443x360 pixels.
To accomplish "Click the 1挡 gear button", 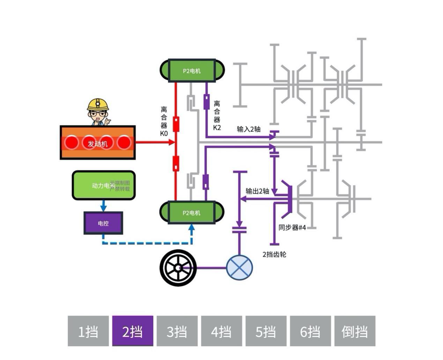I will click(88, 331).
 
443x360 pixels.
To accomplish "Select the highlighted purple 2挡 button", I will click(133, 331).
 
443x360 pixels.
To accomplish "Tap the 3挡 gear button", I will click(177, 331).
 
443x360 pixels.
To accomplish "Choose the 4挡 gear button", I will click(221, 331).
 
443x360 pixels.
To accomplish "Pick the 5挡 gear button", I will click(266, 331).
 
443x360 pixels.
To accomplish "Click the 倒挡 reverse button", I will click(355, 331).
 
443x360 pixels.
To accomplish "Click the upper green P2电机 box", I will click(192, 71).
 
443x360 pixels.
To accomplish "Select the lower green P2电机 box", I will click(192, 212).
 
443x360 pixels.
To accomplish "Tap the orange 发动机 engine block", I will click(98, 143).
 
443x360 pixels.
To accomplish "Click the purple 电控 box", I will click(103, 223).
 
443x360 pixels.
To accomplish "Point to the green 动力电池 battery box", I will click(103, 185).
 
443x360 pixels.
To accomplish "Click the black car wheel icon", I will click(178, 268).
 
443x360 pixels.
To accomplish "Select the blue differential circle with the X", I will click(239, 268).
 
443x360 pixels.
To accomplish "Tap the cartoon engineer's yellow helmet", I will click(98, 104).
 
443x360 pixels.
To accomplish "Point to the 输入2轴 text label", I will click(249, 129).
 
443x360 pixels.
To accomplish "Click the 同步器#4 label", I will click(292, 227).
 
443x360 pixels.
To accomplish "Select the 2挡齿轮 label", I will click(274, 254).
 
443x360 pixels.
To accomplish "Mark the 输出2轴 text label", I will click(257, 191).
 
